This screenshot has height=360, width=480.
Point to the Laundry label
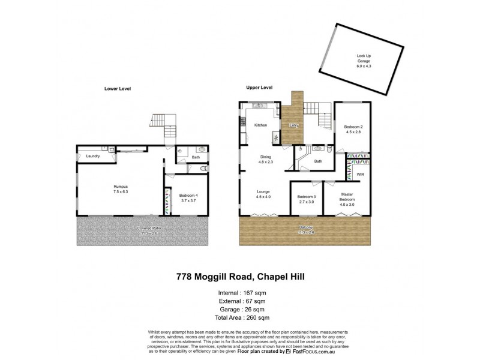tap(92, 156)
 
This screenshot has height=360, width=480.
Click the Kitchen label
tap(260, 125)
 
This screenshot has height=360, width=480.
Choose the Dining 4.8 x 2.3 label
tap(266, 159)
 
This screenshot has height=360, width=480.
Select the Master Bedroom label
tap(347, 197)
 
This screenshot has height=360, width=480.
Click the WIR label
tap(360, 174)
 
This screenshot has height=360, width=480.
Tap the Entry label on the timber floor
tap(294, 125)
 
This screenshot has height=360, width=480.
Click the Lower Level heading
tap(118, 89)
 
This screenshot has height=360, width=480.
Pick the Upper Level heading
tap(259, 88)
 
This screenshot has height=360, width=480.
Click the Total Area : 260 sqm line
tap(240, 317)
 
